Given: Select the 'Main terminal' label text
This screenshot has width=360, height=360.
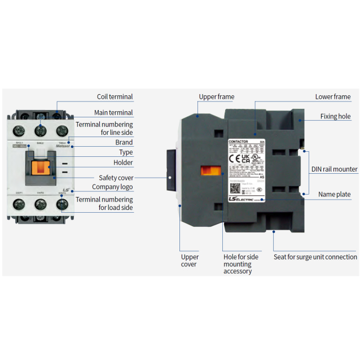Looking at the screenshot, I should [113, 112].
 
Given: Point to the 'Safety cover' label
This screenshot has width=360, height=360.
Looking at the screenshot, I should [116, 177].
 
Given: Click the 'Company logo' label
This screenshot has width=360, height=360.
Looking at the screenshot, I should [112, 187].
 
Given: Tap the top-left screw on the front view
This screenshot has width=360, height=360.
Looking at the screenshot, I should [19, 130].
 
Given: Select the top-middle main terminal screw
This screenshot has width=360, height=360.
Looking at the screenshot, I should [40, 130].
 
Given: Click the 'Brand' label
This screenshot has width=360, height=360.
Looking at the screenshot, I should [124, 142].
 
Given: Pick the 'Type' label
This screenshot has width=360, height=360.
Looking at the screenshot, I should [126, 152].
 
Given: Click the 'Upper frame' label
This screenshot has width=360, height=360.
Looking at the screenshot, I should [216, 96].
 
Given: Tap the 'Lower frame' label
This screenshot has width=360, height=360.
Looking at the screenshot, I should [332, 96].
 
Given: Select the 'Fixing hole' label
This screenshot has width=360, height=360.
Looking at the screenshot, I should [336, 116].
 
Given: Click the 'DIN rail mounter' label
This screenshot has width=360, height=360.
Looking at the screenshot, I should [334, 169].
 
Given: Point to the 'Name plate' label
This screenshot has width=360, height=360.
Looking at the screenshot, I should [334, 194].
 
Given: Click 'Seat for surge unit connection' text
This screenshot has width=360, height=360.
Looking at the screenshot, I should [315, 257].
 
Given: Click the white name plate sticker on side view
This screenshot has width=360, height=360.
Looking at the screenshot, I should [247, 170].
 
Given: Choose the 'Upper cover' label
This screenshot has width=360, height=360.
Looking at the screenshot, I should [189, 260].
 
